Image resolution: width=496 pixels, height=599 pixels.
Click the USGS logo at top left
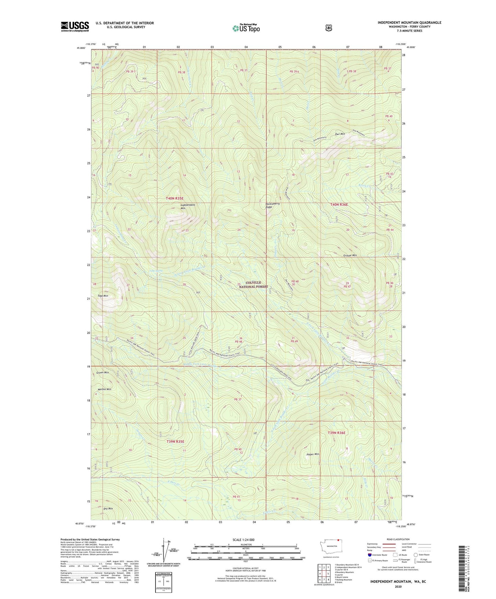pyautogui.click(x=75, y=26)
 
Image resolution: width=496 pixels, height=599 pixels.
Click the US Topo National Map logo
pyautogui.click(x=246, y=28)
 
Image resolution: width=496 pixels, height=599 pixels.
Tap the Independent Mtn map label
pyautogui.click(x=187, y=207)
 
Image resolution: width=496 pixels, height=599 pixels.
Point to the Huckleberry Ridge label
pyautogui.click(x=273, y=205)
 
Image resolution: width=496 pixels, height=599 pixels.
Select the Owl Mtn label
pyautogui.click(x=340, y=134)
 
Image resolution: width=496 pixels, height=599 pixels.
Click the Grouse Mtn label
pyautogui.click(x=350, y=256)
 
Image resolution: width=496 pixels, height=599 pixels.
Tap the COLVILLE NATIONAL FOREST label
pyautogui.click(x=253, y=284)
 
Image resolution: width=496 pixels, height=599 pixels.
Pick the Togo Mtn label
pyautogui.click(x=103, y=296)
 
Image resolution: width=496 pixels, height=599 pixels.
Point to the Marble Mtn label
pyautogui.click(x=104, y=389)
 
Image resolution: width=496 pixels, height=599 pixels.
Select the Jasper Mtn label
pyautogui.click(x=312, y=454)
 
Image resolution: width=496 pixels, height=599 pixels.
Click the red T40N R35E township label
pyautogui.click(x=175, y=198)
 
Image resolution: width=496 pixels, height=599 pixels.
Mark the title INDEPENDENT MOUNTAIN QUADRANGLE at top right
pyautogui.click(x=409, y=23)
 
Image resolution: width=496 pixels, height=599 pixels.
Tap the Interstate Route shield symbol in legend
pyautogui.click(x=369, y=555)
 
